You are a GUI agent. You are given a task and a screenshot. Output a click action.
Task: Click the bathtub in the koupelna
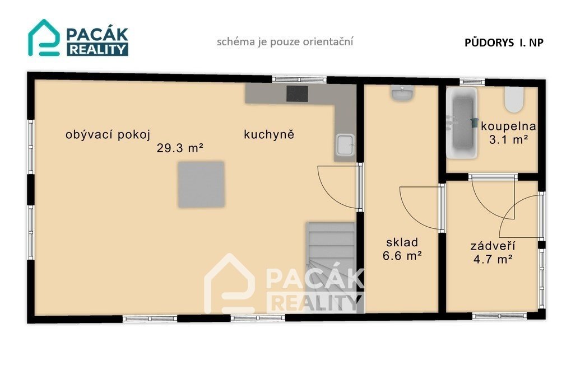(462, 123)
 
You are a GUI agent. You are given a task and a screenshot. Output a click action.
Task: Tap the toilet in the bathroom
(514, 99)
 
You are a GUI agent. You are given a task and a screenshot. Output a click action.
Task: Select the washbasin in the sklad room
(402, 93)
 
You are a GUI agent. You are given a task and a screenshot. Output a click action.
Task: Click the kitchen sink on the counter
(345, 145)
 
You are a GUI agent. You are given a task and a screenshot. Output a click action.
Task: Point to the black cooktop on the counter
(297, 94)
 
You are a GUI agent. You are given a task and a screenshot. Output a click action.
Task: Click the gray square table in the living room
(201, 184)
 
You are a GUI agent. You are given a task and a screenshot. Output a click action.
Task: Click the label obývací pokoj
(108, 135)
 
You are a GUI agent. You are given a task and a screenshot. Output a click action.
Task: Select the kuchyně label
(269, 134)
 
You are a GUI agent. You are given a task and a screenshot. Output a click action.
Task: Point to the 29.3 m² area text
(180, 148)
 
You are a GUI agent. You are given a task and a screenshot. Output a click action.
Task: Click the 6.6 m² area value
(402, 256)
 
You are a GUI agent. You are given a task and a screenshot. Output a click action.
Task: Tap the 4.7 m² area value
(493, 259)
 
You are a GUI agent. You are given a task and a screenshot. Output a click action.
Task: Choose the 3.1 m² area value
(508, 139)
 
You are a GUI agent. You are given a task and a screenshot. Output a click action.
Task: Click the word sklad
(402, 242)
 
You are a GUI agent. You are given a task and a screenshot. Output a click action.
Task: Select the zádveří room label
(493, 246)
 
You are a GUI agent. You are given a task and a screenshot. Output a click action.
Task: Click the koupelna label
(508, 126)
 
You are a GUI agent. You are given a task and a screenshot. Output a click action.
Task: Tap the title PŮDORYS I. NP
(504, 43)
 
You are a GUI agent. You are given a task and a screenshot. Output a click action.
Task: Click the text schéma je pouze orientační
(285, 41)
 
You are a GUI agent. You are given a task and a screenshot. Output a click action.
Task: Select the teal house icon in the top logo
(44, 37)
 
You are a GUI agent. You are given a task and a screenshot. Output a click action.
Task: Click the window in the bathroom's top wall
(472, 82)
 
